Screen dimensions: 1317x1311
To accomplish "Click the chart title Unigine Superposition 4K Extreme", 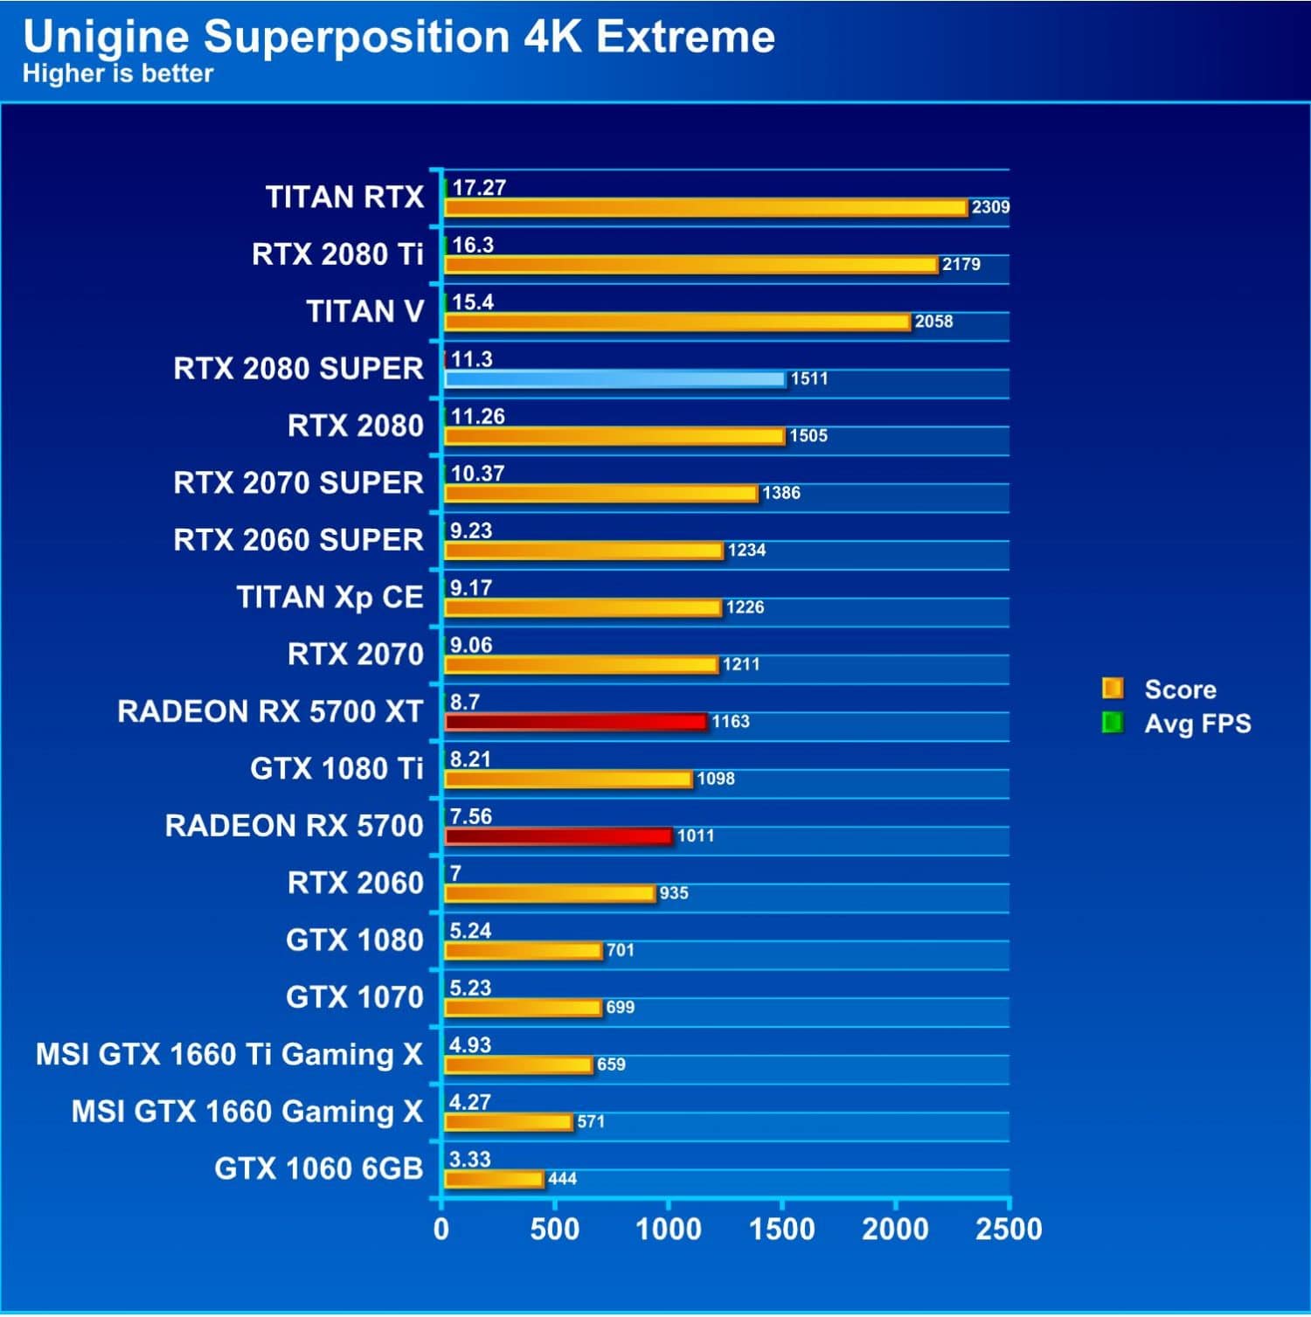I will tap(399, 37).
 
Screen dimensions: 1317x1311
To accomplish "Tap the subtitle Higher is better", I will tap(118, 73).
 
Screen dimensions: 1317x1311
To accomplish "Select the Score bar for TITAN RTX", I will tap(705, 207).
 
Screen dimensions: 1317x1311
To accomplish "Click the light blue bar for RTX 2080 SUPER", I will tap(614, 378).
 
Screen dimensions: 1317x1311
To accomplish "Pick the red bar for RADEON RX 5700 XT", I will tap(575, 722).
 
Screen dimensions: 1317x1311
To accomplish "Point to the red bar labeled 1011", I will tap(558, 836).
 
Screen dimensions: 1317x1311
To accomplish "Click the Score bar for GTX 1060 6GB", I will tap(494, 1179).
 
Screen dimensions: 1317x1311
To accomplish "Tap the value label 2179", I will tap(961, 264).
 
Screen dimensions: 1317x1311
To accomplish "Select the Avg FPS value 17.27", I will tap(479, 187).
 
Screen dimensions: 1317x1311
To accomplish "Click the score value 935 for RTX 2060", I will tap(674, 892).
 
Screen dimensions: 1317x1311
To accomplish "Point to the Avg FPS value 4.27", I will tap(469, 1102).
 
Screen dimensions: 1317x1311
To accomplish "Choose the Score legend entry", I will tap(1179, 690).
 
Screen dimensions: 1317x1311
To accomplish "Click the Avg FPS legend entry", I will tap(1197, 724).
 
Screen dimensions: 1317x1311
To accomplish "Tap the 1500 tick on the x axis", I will tap(781, 1229).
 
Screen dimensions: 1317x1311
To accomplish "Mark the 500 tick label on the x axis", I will tap(554, 1229).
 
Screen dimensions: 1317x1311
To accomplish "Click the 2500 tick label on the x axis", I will tap(1009, 1229).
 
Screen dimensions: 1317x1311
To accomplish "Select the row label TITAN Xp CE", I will tap(329, 597).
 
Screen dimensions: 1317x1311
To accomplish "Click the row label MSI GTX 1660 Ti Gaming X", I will tap(229, 1054).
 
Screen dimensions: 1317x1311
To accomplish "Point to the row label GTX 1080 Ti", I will tap(336, 768).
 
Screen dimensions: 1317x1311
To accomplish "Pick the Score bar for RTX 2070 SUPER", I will tap(600, 493).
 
